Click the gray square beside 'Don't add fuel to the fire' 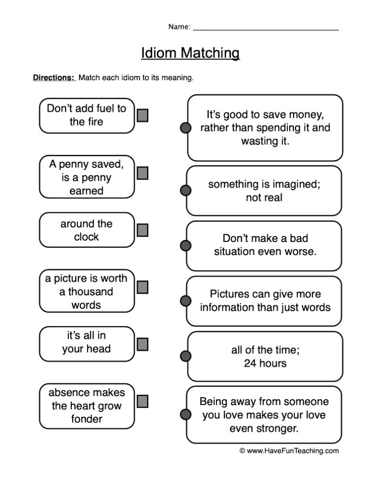[142, 115]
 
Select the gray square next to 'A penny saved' [142, 173]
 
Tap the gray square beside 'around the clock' [142, 230]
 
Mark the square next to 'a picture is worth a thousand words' [142, 287]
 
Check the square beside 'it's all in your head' [142, 344]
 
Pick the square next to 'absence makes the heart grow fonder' [142, 401]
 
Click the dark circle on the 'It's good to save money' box [186, 128]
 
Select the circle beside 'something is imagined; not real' [186, 190]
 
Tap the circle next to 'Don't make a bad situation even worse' [186, 245]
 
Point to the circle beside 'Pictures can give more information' [186, 301]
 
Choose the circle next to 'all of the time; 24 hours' [186, 356]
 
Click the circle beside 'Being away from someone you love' [186, 414]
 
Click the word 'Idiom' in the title [159, 53]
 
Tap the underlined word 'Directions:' [54, 77]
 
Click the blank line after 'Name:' [266, 30]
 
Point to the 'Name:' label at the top [179, 27]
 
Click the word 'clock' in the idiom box [86, 237]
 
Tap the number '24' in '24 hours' [250, 363]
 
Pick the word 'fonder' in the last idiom [87, 419]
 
